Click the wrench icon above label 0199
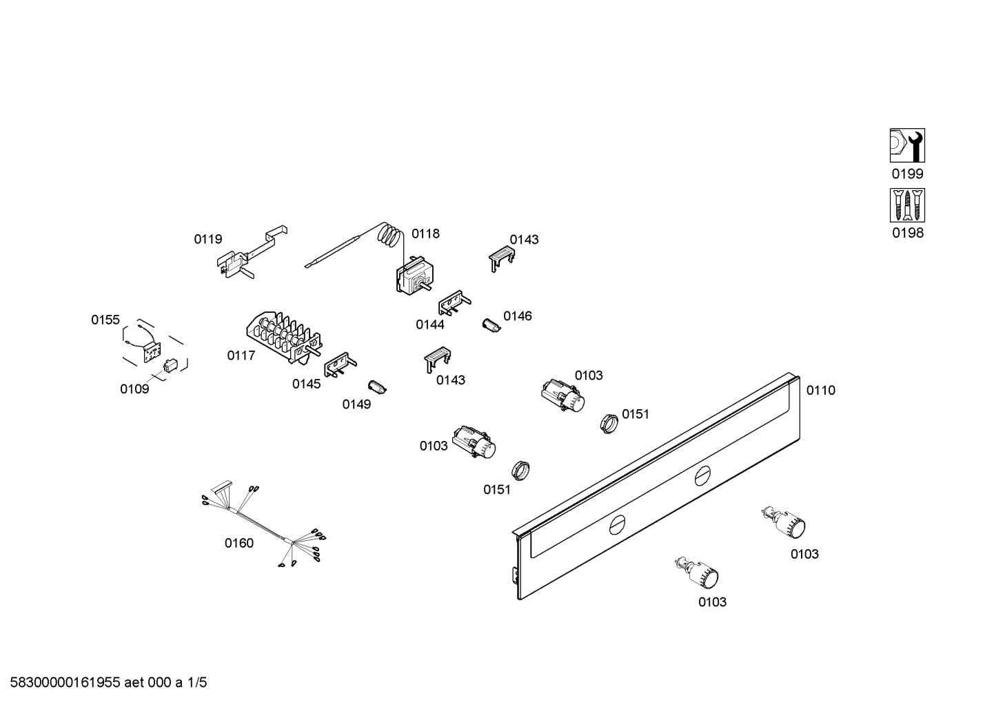[x=906, y=145]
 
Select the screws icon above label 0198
[x=906, y=205]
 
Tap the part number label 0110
[x=820, y=391]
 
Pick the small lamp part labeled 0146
[x=490, y=324]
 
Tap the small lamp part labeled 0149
[x=378, y=386]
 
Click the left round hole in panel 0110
[x=618, y=526]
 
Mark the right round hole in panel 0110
[x=702, y=475]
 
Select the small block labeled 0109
[x=170, y=364]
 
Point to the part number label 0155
[x=105, y=320]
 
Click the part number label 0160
[x=239, y=543]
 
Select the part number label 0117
[x=241, y=355]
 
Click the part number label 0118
[x=425, y=234]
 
